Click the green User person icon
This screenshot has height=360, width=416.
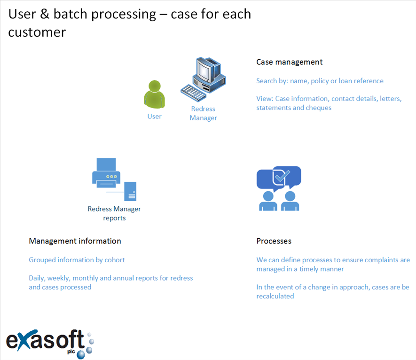(x=154, y=94)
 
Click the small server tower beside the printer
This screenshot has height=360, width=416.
(x=130, y=191)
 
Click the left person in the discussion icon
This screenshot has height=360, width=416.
(x=268, y=201)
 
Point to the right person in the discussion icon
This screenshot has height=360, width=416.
(x=290, y=201)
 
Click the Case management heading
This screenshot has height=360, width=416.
(x=289, y=62)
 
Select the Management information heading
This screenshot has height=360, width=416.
(x=75, y=241)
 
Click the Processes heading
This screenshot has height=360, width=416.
(x=274, y=241)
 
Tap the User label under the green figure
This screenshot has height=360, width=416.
(x=154, y=117)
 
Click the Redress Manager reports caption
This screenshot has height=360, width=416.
(x=114, y=213)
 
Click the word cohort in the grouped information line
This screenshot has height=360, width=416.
(x=115, y=260)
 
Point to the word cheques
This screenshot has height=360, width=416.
(x=318, y=108)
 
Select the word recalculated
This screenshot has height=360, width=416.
(x=275, y=296)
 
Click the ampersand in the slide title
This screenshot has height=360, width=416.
(x=45, y=14)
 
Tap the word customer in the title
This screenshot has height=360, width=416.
(x=37, y=32)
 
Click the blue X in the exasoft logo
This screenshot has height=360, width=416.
(x=24, y=340)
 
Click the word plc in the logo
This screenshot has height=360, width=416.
(x=71, y=352)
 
